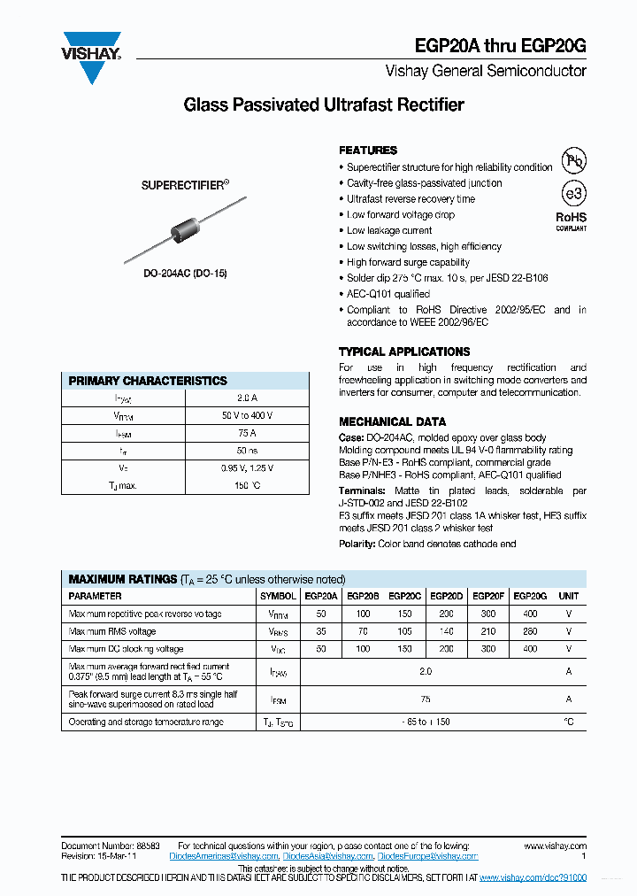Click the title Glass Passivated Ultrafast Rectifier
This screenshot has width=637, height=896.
pos(323,105)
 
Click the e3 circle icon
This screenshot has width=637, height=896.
pos(574,194)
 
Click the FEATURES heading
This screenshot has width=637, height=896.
pos(368,151)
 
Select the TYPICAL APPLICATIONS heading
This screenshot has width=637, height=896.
pos(404,351)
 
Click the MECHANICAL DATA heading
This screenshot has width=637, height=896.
pos(392,422)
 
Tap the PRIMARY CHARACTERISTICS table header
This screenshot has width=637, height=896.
pos(149,381)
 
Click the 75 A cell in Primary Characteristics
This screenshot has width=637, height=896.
pos(248,434)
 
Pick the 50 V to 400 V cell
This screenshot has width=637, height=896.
pos(248,416)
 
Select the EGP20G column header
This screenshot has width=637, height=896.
pos(530,597)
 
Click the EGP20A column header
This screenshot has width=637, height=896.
pos(320,597)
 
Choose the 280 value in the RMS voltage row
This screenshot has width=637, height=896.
pos(530,632)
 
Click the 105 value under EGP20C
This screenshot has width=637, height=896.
pos(404,632)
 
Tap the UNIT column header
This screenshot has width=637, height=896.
pos(569,597)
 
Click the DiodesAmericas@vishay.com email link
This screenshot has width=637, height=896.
pos(224,857)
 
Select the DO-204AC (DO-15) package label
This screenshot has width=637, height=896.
pos(186,274)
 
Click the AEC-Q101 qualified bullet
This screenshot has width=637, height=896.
pos(388,294)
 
